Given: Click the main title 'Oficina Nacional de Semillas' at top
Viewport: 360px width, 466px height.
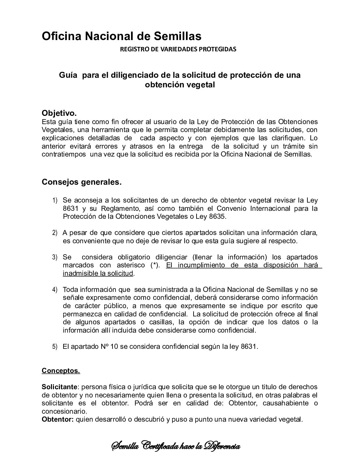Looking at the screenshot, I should click(121, 36).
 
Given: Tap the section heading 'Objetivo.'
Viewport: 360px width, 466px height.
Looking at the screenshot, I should click(59, 113).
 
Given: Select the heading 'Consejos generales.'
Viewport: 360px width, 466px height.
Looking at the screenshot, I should click(81, 182).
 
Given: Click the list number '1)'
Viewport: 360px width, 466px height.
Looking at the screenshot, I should click(55, 201).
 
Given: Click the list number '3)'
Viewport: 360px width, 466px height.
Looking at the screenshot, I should click(55, 257).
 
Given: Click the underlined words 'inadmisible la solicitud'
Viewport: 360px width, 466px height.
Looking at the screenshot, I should click(98, 273).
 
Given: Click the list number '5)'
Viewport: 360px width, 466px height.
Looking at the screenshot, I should click(55, 347).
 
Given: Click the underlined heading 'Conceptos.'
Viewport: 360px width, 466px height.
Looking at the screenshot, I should click(61, 371).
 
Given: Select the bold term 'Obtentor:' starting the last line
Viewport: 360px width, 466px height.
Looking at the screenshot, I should click(58, 420).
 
